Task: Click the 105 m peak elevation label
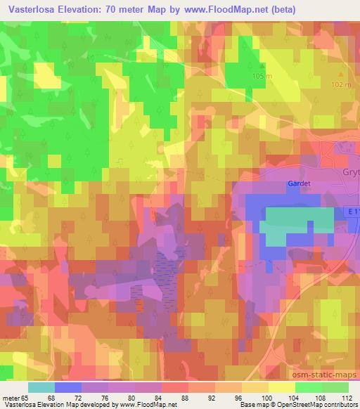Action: point(260,76)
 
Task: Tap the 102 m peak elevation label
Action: point(341,84)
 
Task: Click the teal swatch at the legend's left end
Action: point(41,387)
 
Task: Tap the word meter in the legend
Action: point(11,398)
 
